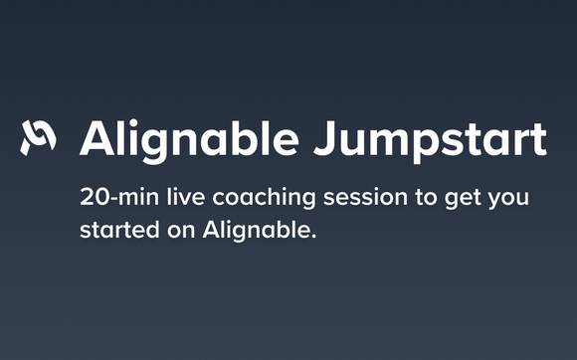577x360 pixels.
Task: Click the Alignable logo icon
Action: (x=38, y=138)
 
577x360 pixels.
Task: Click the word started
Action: (x=116, y=231)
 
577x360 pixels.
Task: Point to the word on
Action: (x=179, y=232)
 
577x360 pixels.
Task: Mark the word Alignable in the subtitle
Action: (x=256, y=232)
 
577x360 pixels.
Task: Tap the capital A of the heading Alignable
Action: (x=97, y=139)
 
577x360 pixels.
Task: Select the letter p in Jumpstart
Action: (x=415, y=145)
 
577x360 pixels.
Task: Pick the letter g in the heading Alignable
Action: (x=154, y=145)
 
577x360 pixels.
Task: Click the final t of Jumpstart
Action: (x=537, y=140)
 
